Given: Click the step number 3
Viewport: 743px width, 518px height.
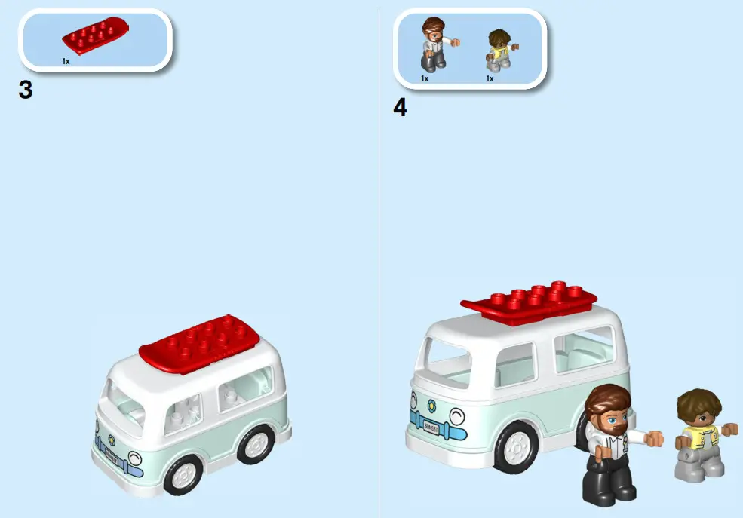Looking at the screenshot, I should click(x=25, y=90).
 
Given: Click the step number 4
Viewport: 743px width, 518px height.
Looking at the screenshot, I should click(x=400, y=108).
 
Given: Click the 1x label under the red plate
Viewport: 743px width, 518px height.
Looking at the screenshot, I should click(x=66, y=61).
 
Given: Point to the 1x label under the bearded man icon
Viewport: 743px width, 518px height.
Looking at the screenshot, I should click(x=425, y=78).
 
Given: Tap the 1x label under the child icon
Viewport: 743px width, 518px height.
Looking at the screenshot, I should click(x=490, y=78).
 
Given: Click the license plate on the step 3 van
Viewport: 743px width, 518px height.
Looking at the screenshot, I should click(x=111, y=456).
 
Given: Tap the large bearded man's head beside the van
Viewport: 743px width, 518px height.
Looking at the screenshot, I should click(x=609, y=410).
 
